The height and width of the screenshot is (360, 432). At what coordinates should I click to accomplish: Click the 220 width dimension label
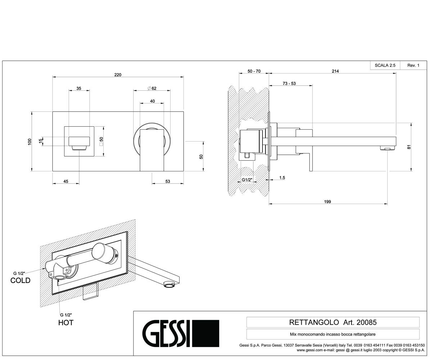pos(118,75)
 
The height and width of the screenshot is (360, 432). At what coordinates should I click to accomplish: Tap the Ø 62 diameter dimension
pos(152,88)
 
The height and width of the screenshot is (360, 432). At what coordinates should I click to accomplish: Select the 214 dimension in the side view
pos(335,71)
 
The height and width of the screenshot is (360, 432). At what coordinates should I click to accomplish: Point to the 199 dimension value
pos(328,202)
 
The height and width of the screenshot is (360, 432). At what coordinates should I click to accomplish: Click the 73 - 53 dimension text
pos(289,84)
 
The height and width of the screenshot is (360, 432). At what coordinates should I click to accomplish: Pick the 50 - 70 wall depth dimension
pos(254,71)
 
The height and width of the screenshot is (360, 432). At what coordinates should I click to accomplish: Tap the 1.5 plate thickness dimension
pos(282,177)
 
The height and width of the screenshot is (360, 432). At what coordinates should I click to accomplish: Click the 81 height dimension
pos(409,147)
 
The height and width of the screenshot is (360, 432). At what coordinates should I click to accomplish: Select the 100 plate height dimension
pos(30,142)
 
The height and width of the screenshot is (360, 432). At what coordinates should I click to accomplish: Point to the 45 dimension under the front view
pos(66,181)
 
